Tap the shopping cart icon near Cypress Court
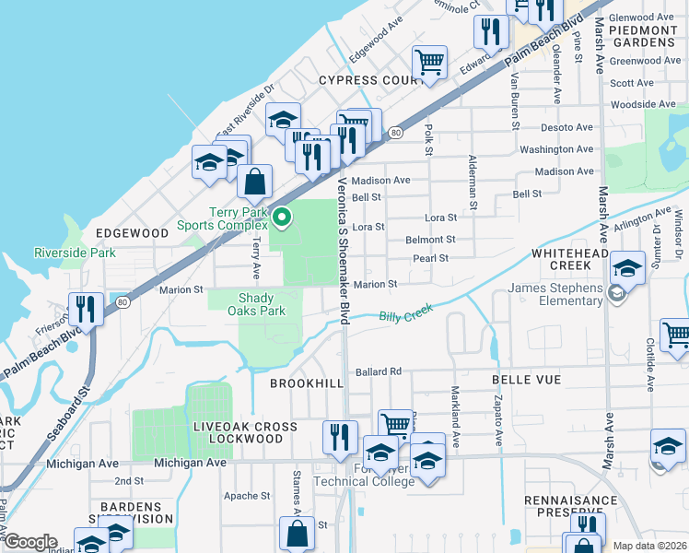pyautogui.click(x=428, y=63)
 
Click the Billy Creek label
pyautogui.click(x=406, y=315)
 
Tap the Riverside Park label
pyautogui.click(x=76, y=253)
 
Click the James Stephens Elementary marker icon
pyautogui.click(x=616, y=294)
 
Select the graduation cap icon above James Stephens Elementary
pyautogui.click(x=628, y=268)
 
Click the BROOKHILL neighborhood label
pyautogui.click(x=307, y=382)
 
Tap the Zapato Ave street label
pyautogui.click(x=498, y=423)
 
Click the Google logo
pyautogui.click(x=29, y=542)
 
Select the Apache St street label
pyautogui.click(x=246, y=496)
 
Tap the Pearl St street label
pyautogui.click(x=430, y=259)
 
